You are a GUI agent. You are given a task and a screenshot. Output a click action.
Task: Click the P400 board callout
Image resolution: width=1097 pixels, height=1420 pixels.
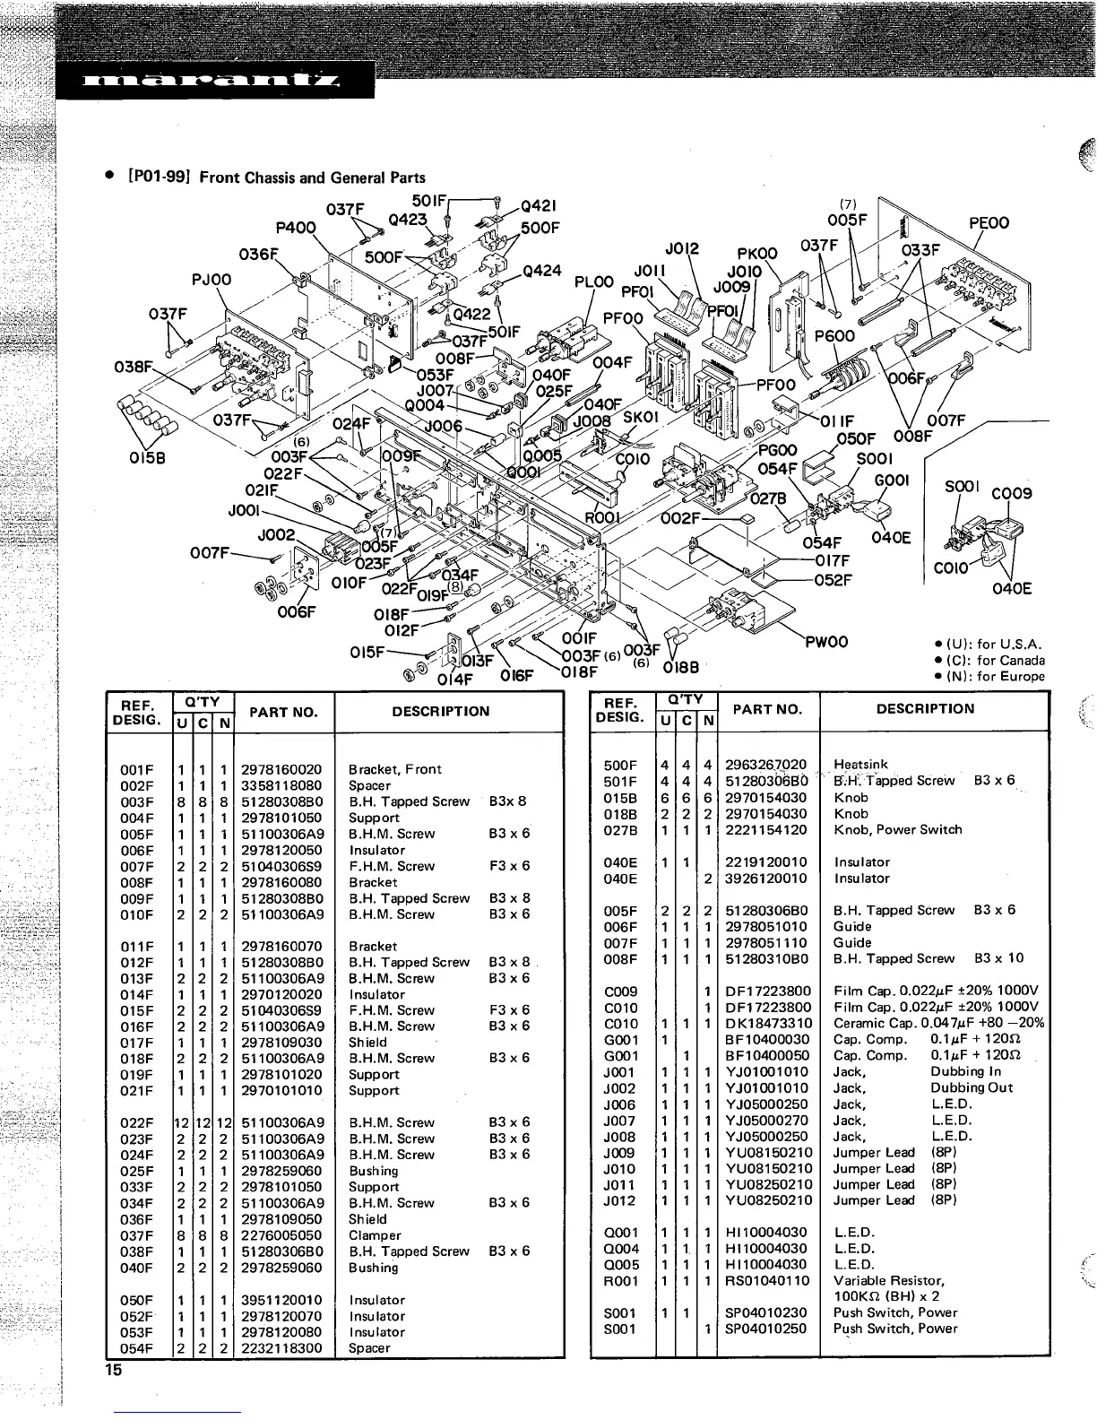(296, 228)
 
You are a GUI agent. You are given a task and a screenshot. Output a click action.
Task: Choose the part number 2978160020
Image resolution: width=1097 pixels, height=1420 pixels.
(281, 769)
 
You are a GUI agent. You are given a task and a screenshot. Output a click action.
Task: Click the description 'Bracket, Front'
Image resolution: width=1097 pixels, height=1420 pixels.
(394, 769)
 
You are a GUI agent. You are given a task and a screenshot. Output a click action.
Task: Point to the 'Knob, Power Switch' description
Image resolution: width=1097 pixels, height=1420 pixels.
(897, 829)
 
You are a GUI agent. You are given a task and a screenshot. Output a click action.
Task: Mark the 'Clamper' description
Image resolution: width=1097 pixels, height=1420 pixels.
(375, 1235)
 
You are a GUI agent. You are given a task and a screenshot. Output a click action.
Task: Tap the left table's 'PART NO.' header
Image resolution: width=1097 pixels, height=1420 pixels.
(283, 712)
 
